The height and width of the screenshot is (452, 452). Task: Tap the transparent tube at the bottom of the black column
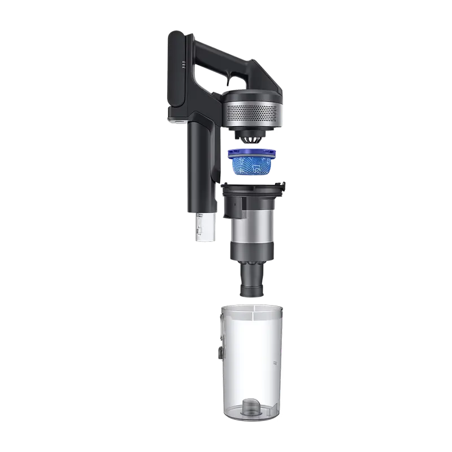tap(205, 228)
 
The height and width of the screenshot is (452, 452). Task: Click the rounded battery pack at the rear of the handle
tap(176, 71)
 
